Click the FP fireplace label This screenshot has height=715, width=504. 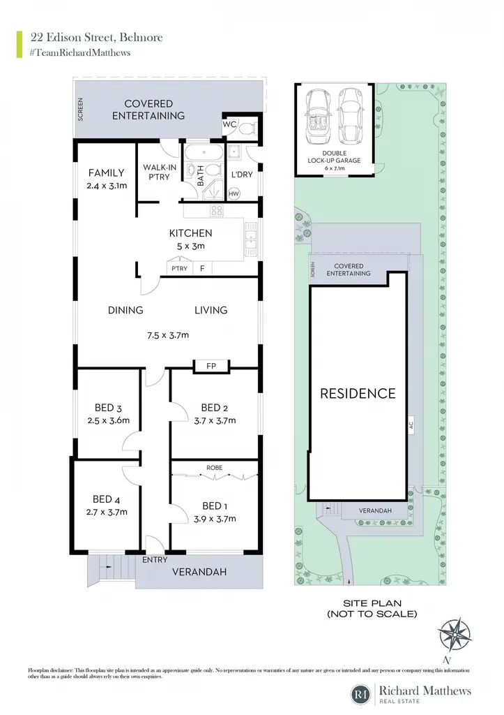point(211,366)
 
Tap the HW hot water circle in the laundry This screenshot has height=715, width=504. point(234,194)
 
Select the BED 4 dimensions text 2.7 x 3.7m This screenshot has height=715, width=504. point(107,512)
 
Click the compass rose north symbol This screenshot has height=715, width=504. point(454,635)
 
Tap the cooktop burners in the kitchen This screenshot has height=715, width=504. point(217,211)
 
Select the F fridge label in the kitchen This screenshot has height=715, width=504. point(202,269)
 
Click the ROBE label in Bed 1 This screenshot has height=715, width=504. point(215,468)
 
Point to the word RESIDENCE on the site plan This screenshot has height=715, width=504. point(358,394)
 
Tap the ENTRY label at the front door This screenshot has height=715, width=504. point(155,559)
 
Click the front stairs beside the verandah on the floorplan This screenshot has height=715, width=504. point(111,567)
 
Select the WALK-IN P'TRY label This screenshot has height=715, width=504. point(160,172)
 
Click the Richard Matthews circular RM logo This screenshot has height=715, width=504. point(361,695)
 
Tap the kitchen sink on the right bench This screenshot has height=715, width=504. point(251,239)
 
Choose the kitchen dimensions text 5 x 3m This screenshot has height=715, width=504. point(191,246)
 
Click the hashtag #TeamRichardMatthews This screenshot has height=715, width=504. point(80,53)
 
